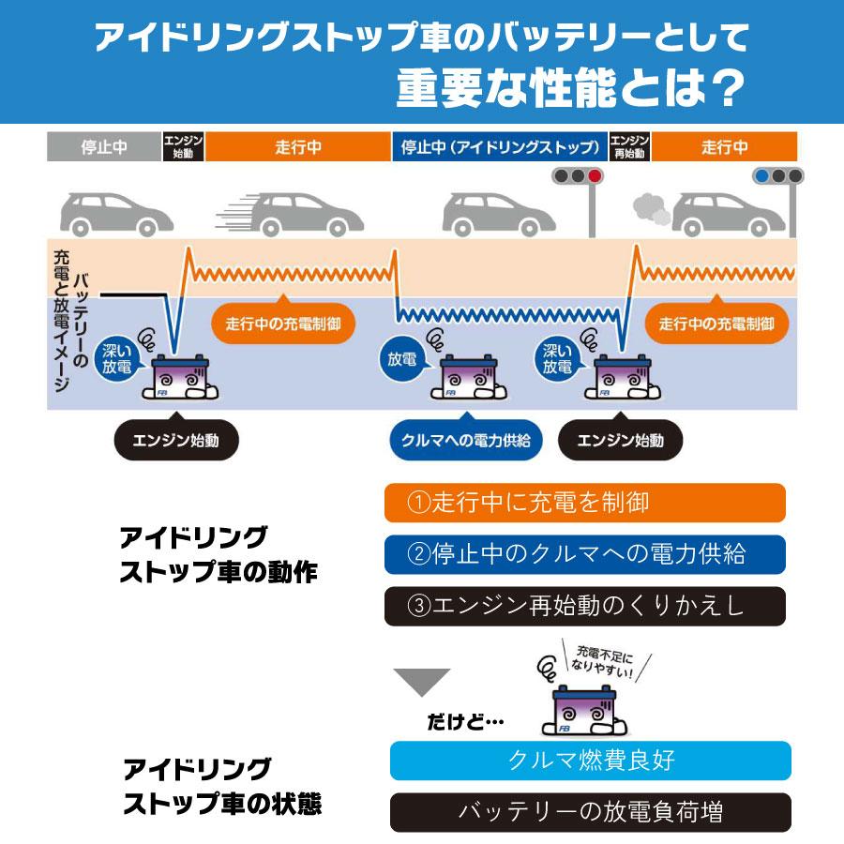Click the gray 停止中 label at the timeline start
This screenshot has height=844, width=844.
tap(104, 147)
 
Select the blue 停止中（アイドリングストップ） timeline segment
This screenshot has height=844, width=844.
tap(500, 147)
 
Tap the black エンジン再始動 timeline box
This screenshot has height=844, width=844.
tap(629, 147)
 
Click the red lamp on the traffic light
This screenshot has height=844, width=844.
tap(593, 175)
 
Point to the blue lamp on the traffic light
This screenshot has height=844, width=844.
tap(762, 175)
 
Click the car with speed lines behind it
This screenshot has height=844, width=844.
tap(295, 214)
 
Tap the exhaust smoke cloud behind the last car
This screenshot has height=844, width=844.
tap(652, 208)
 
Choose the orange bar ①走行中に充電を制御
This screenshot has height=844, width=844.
tap(584, 503)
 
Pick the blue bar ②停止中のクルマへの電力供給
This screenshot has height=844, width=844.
tap(584, 553)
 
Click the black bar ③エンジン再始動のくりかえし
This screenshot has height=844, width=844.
tap(584, 606)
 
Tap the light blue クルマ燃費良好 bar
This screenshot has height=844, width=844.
tap(590, 761)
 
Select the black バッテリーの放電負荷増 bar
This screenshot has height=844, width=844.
tap(590, 812)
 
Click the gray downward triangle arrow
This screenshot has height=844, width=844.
tap(421, 681)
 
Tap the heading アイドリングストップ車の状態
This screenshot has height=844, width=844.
tap(226, 787)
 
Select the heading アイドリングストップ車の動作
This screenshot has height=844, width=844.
tap(219, 555)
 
